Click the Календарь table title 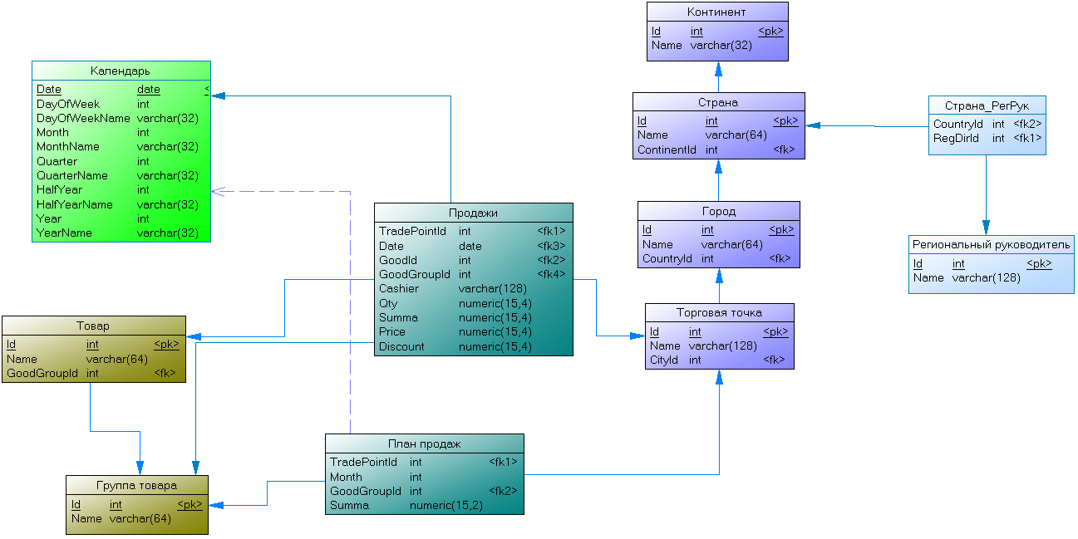tap(121, 71)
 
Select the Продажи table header tap(473, 213)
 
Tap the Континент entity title tap(716, 12)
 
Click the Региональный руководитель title tap(991, 245)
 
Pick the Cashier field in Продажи tap(398, 288)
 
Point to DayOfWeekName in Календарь tap(83, 118)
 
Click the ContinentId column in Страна tap(667, 150)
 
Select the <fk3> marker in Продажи tap(551, 246)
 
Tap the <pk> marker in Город tap(781, 230)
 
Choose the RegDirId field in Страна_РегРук tap(956, 139)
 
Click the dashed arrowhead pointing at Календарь tap(218, 191)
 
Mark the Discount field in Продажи tap(401, 346)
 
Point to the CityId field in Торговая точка tap(663, 360)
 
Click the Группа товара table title tap(136, 486)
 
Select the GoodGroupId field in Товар tap(42, 374)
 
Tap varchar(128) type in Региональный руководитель tap(986, 278)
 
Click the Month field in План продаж tap(346, 477)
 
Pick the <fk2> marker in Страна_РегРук tap(1027, 124)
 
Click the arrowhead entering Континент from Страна tap(718, 69)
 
